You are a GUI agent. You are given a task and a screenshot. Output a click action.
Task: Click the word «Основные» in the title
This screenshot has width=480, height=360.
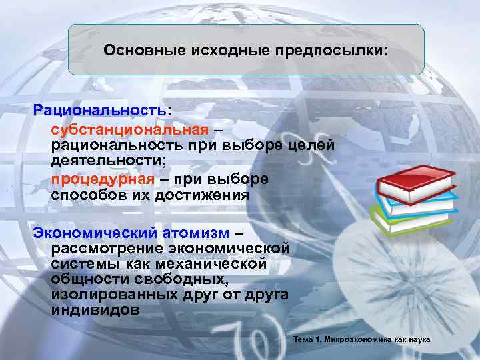(137, 51)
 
